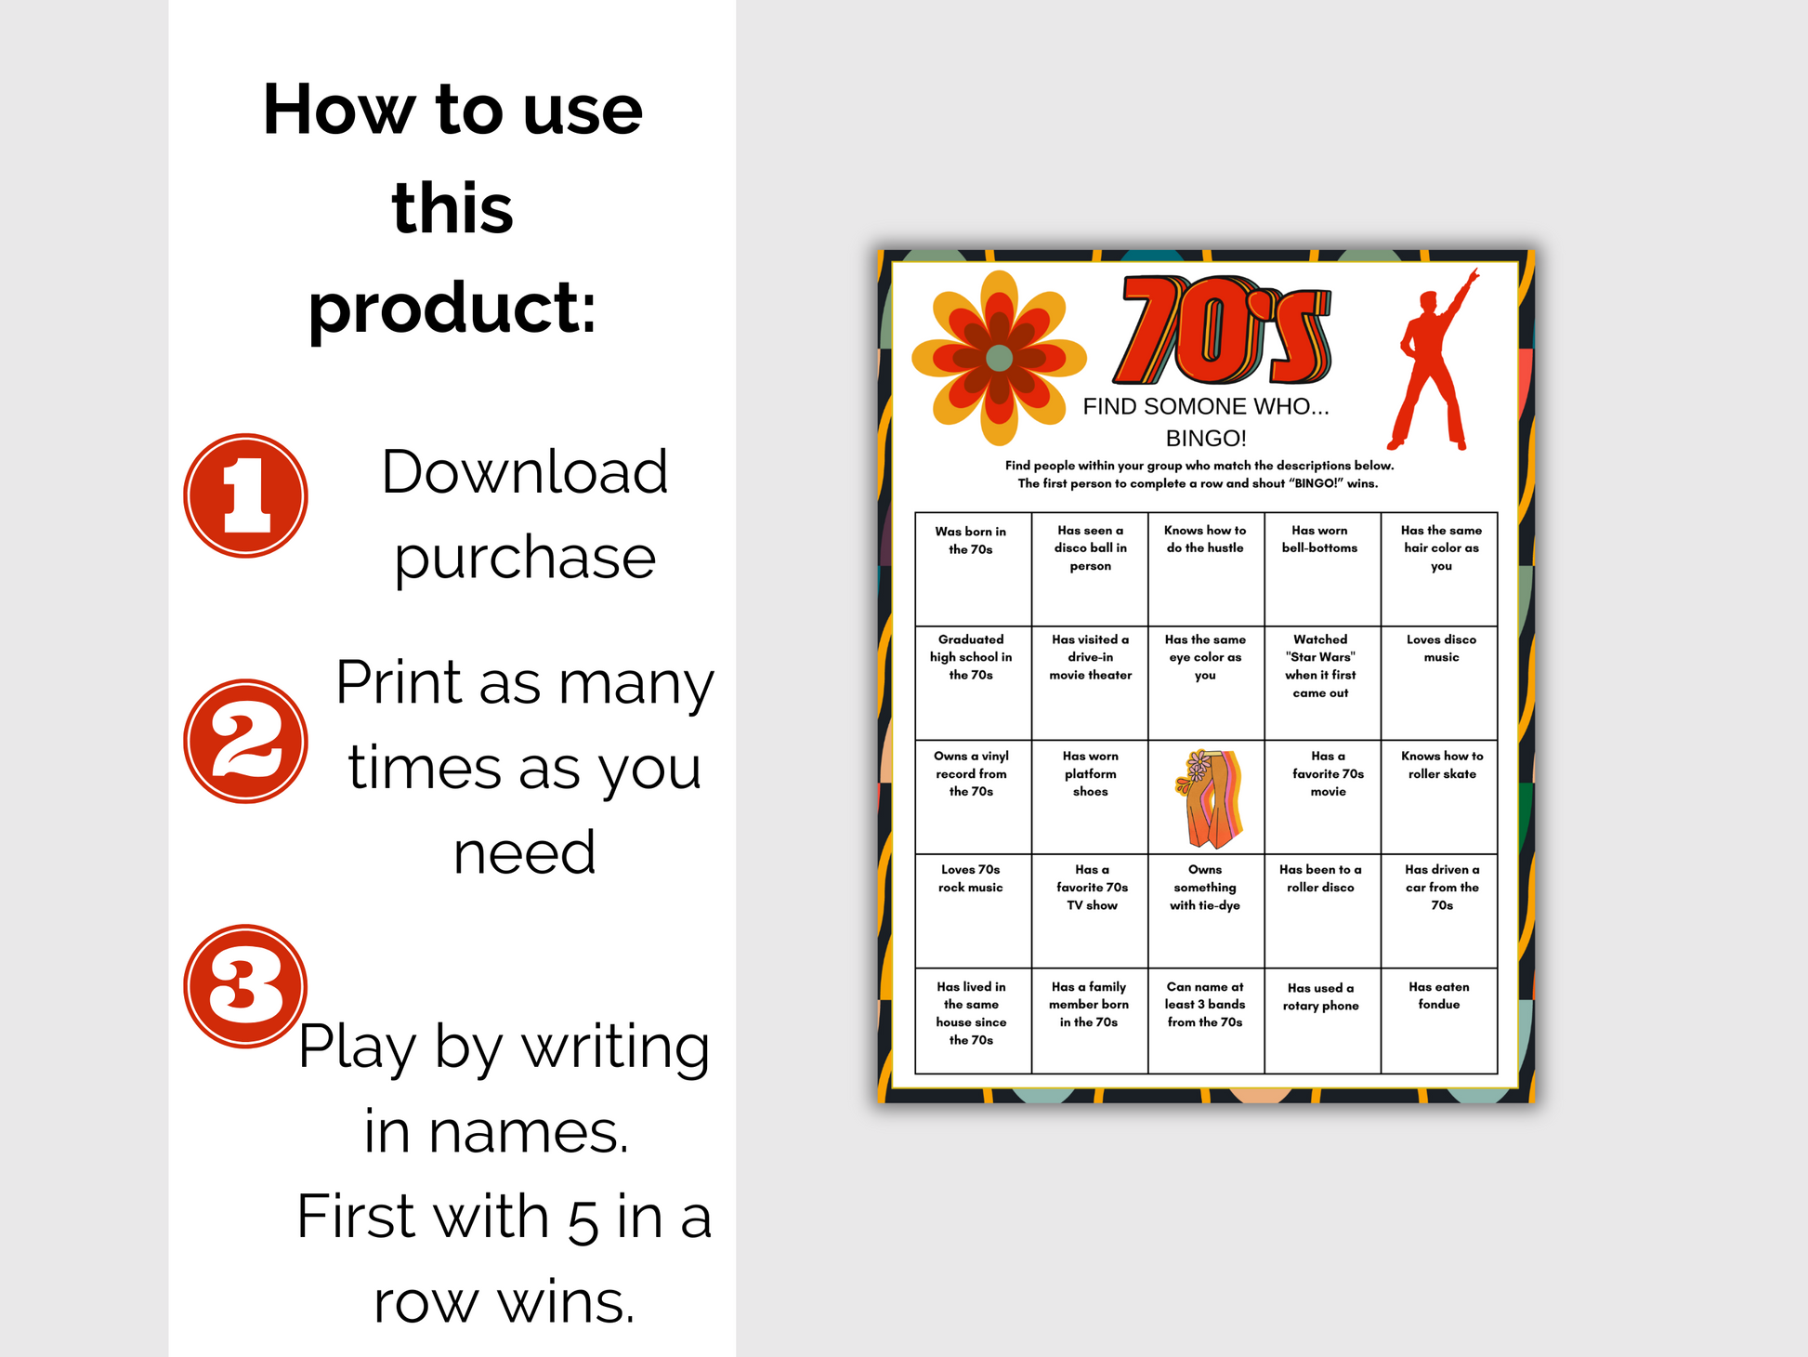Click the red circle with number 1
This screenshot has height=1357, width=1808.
pos(245,495)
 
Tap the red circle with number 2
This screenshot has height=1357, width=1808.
pos(245,741)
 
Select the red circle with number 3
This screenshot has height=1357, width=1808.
pos(245,986)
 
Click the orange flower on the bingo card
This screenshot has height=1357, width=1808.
pos(999,358)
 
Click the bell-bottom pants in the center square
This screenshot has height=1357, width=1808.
pos(1207,798)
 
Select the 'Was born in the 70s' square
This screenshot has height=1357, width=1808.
pos(973,569)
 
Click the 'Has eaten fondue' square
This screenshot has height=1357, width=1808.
pos(1439,1021)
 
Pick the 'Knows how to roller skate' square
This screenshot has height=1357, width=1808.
pos(1439,797)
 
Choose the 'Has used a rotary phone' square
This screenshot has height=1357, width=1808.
pos(1322,1021)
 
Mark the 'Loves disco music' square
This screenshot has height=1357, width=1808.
pos(1439,683)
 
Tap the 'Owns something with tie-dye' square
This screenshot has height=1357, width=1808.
pos(1206,911)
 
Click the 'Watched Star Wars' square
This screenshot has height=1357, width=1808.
pos(1322,683)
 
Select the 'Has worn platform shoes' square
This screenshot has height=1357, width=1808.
pos(1090,797)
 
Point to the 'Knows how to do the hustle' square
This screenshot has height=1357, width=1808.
pos(1206,569)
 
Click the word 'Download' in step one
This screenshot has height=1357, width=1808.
pos(525,471)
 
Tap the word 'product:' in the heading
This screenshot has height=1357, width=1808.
pos(452,310)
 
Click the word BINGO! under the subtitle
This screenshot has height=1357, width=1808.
pos(1206,438)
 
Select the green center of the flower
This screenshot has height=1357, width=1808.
pos(999,358)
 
